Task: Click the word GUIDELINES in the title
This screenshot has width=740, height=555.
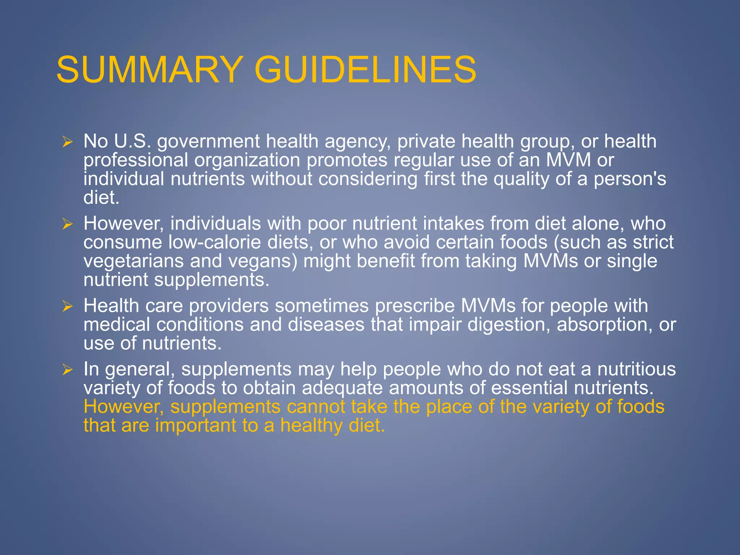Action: [x=365, y=69]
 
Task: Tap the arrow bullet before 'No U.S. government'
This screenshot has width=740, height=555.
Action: [x=68, y=142]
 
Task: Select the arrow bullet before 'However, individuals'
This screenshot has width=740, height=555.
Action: [x=68, y=224]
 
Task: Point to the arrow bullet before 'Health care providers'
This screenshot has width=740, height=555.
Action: [x=68, y=306]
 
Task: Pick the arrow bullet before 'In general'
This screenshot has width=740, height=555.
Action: [x=68, y=370]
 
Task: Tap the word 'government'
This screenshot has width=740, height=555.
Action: [x=208, y=142]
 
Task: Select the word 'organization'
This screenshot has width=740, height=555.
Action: [x=247, y=160]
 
